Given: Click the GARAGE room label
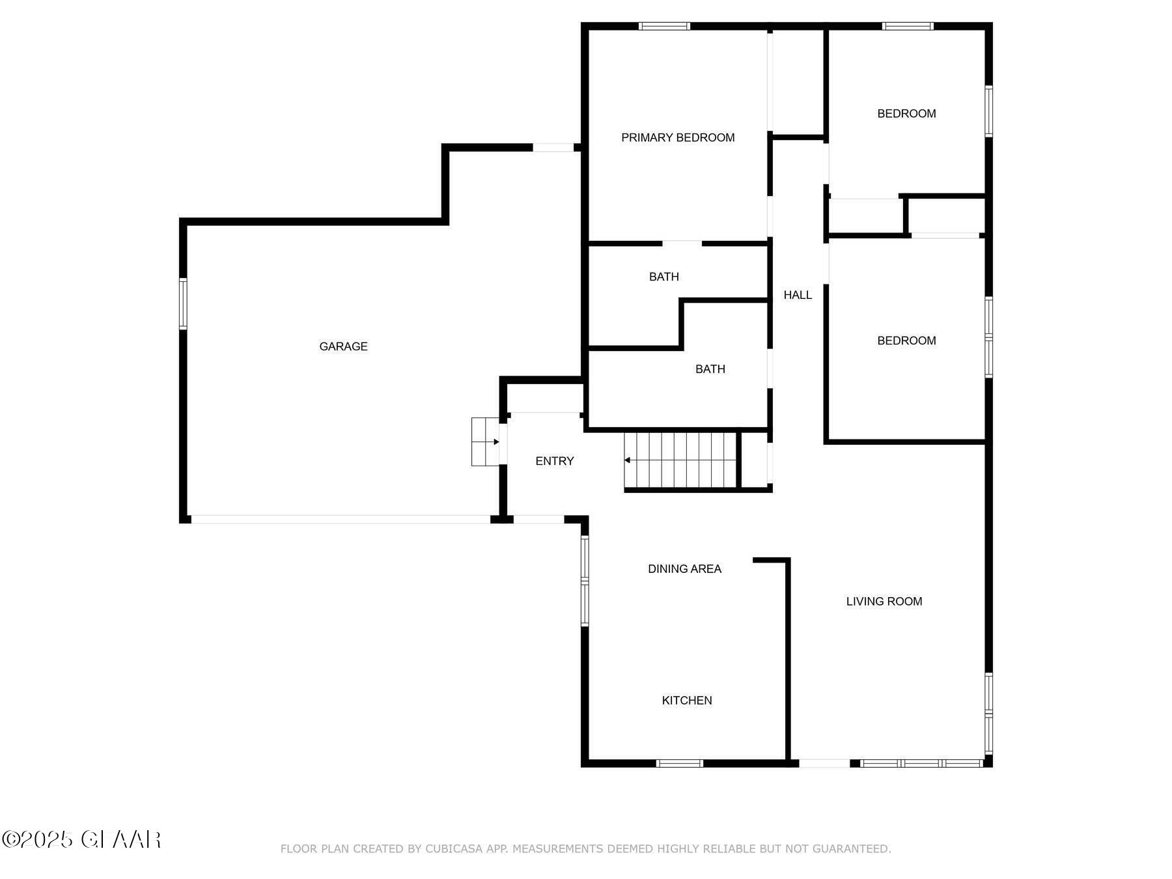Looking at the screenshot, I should pyautogui.click(x=343, y=346).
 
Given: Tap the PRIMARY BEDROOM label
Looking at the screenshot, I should pyautogui.click(x=677, y=137).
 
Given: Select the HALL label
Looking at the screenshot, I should pyautogui.click(x=797, y=295).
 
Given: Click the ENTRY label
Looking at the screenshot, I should pyautogui.click(x=554, y=461).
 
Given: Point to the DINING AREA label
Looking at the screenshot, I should pyautogui.click(x=684, y=568).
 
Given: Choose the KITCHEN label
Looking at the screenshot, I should pyautogui.click(x=686, y=700).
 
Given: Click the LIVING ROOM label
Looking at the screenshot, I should pyautogui.click(x=884, y=601).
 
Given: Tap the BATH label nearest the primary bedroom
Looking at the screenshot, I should pyautogui.click(x=663, y=277).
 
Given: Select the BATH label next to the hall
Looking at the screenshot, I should pyautogui.click(x=710, y=369).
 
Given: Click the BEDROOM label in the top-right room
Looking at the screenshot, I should pyautogui.click(x=906, y=113).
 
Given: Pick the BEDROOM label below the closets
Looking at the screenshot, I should pyautogui.click(x=906, y=341).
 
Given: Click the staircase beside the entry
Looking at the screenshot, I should pyautogui.click(x=680, y=460).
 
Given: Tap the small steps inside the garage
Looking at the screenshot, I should pyautogui.click(x=485, y=442).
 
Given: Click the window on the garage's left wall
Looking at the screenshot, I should pyautogui.click(x=183, y=303).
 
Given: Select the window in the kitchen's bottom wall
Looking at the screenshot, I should pyautogui.click(x=679, y=763).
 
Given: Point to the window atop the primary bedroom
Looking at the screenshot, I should pyautogui.click(x=663, y=26).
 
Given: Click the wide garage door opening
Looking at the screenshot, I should pyautogui.click(x=341, y=520).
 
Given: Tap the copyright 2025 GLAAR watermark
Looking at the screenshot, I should pyautogui.click(x=81, y=839).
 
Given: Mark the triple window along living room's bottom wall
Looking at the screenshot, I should pyautogui.click(x=921, y=763).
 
